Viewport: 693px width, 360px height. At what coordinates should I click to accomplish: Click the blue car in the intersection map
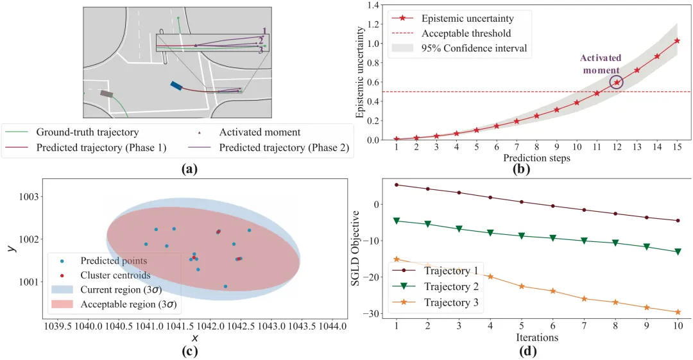click(x=176, y=86)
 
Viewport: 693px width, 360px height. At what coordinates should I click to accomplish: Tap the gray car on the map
click(x=107, y=94)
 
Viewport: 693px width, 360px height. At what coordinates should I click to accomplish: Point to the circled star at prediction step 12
click(x=617, y=82)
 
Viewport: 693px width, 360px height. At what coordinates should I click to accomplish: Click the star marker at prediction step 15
click(x=677, y=40)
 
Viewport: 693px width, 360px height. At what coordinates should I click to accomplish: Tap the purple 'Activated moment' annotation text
click(x=601, y=64)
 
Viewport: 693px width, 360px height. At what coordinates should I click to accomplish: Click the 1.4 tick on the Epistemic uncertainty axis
click(x=373, y=5)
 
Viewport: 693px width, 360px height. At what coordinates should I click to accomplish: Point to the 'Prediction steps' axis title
click(x=536, y=159)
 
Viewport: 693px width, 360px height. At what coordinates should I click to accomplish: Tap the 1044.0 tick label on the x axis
click(x=332, y=327)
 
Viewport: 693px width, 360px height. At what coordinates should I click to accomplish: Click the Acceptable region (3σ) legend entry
click(x=116, y=304)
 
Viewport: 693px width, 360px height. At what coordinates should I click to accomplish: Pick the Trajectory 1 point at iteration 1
click(x=397, y=185)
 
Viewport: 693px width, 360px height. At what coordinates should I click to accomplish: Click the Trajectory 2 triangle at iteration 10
click(x=678, y=252)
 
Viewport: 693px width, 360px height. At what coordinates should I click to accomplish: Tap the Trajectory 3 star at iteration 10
click(x=678, y=312)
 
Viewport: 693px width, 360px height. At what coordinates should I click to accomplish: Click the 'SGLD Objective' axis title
click(x=355, y=248)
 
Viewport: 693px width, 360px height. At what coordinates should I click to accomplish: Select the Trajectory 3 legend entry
click(x=435, y=303)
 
